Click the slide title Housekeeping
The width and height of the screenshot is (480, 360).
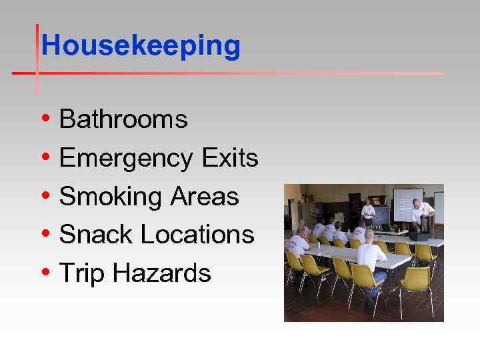(x=140, y=46)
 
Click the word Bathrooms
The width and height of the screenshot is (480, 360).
(x=123, y=120)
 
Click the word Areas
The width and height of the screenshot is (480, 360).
(x=205, y=197)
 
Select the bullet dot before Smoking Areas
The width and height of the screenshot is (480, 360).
(x=44, y=197)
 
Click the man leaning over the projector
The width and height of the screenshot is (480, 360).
(x=421, y=215)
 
